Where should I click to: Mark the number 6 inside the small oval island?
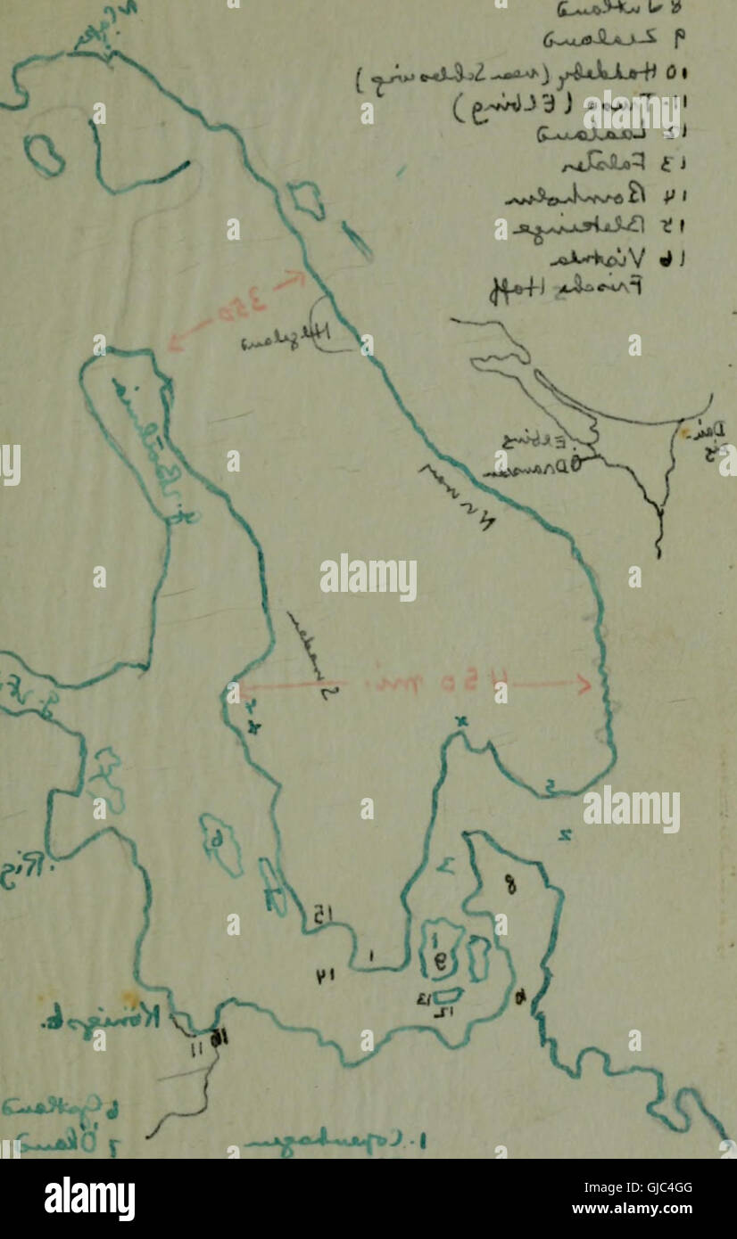(217, 839)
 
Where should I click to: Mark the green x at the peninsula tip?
(461, 722)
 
